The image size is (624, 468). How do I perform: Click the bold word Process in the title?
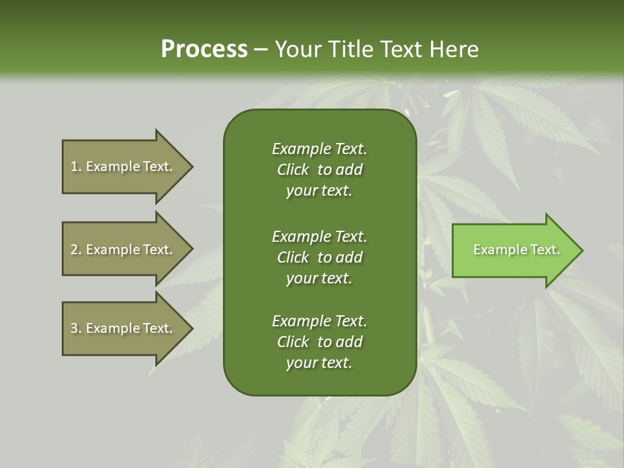pos(204,49)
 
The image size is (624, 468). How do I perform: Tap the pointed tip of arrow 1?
pos(191,166)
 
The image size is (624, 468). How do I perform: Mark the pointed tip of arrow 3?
pos(191,328)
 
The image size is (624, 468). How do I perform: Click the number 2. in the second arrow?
pos(76,250)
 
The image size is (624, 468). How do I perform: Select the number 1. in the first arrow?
pos(76,166)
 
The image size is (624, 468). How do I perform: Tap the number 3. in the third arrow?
pos(76,328)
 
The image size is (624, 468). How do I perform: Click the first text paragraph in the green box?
pos(319,170)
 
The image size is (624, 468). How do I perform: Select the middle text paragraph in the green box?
pos(319,257)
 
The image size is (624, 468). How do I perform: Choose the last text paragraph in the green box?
pos(319,342)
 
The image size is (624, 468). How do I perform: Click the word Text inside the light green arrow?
pos(545,250)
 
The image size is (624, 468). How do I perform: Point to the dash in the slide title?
pos(261,49)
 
